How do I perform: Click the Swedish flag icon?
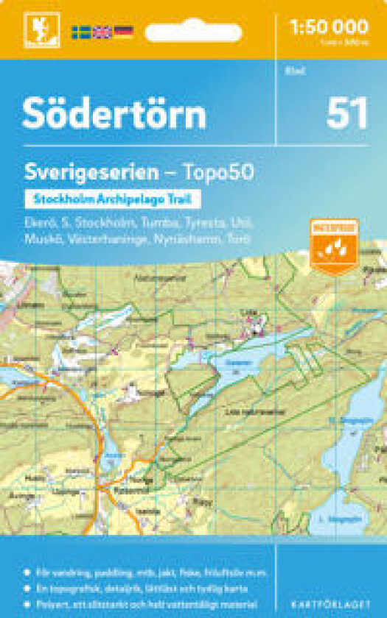coord(80,32)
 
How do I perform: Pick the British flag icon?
coord(102,32)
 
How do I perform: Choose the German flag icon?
coord(123,32)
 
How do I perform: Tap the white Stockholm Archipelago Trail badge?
coord(113,199)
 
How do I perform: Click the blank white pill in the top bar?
coord(193,32)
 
